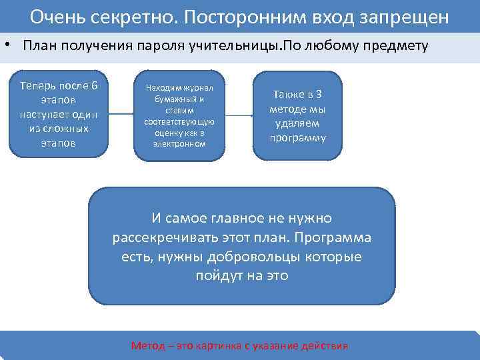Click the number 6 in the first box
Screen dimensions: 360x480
tap(95, 85)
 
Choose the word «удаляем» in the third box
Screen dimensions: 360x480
tap(298, 124)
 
